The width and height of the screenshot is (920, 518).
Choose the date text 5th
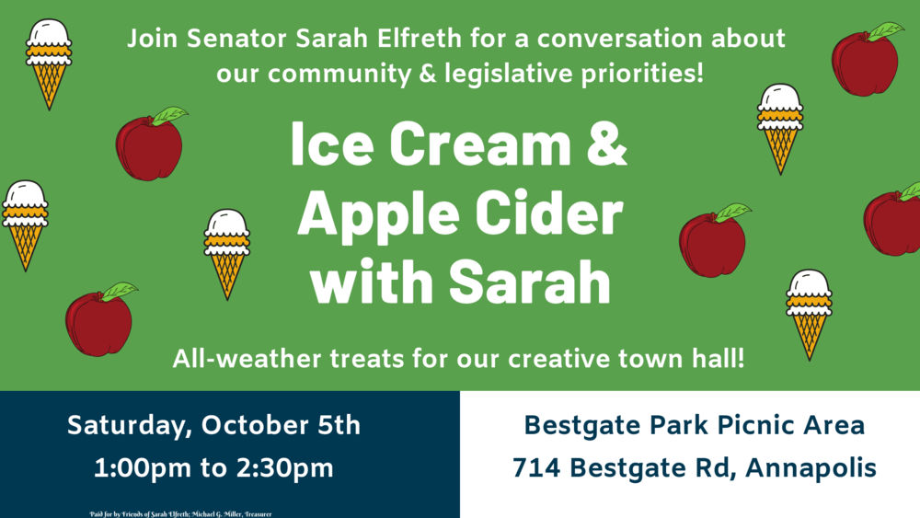coord(332,425)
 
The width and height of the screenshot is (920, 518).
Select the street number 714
coord(537,467)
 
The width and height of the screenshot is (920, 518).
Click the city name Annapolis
coord(811,467)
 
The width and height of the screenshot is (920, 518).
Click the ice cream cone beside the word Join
coord(49,62)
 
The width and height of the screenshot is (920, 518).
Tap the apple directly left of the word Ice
coord(150,144)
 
